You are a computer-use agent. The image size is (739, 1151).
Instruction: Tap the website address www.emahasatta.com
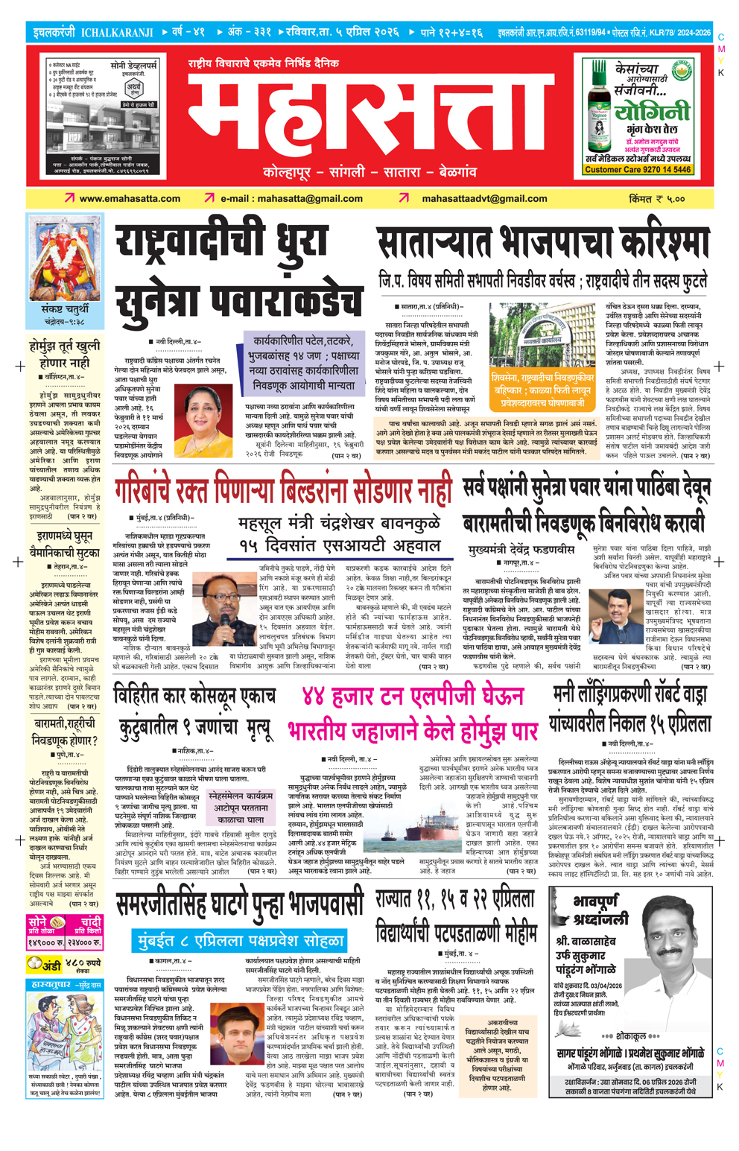[x=130, y=199]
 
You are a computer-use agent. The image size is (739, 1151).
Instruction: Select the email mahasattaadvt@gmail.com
[x=484, y=199]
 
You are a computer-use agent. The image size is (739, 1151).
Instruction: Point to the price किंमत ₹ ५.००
[x=656, y=199]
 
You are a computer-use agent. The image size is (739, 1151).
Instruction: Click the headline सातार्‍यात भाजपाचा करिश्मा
[x=543, y=244]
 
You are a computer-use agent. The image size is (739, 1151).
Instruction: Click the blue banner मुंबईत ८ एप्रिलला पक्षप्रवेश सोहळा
[x=241, y=940]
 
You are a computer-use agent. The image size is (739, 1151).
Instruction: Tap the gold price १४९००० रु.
[x=42, y=942]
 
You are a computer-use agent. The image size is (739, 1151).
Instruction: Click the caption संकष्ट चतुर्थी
[x=65, y=309]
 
